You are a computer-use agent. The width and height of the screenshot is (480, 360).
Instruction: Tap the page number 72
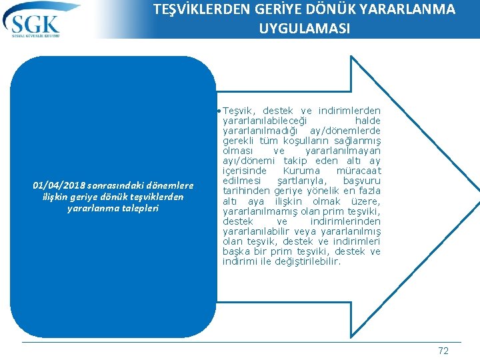[x=443, y=351]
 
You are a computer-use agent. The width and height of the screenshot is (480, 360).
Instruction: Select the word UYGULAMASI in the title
[x=305, y=29]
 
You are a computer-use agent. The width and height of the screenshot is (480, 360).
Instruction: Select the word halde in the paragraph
[x=367, y=121]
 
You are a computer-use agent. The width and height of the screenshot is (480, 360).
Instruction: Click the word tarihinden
[x=245, y=191]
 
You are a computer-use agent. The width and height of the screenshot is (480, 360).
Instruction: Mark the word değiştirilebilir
[x=306, y=262]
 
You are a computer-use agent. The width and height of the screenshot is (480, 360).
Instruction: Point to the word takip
[x=295, y=161]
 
